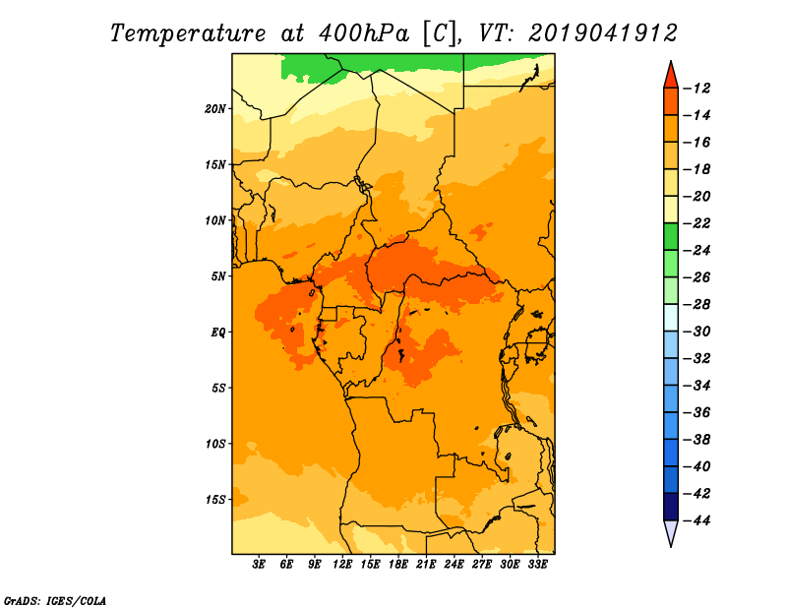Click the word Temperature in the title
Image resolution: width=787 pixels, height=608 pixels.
pyautogui.click(x=188, y=33)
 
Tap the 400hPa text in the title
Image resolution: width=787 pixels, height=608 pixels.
pyautogui.click(x=364, y=33)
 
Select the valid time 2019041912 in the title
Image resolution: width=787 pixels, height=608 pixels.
pyautogui.click(x=603, y=33)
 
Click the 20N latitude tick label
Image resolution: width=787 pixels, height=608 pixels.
pyautogui.click(x=215, y=109)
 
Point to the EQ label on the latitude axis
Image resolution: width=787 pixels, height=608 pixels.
pyautogui.click(x=217, y=333)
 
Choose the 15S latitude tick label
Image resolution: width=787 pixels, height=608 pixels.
pyautogui.click(x=215, y=500)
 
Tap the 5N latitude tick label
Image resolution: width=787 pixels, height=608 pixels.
pyautogui.click(x=218, y=276)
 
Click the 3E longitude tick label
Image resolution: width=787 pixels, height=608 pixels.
pyautogui.click(x=259, y=565)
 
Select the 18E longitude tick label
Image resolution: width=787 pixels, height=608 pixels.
pyautogui.click(x=398, y=565)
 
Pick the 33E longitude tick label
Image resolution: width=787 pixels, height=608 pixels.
pyautogui.click(x=537, y=565)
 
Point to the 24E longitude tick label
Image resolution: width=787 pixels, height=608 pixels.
pyautogui.click(x=454, y=565)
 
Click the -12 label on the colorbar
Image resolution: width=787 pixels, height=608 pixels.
pyautogui.click(x=697, y=89)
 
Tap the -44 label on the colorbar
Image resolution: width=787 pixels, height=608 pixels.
pyautogui.click(x=697, y=520)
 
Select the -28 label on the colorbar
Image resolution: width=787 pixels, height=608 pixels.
pyautogui.click(x=697, y=305)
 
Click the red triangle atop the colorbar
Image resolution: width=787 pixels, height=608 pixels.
pyautogui.click(x=671, y=76)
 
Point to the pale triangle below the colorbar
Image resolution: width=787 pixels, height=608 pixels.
pyautogui.click(x=671, y=532)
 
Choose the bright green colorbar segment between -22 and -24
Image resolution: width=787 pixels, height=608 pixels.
pyautogui.click(x=671, y=237)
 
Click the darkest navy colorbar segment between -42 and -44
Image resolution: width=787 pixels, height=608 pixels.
pyautogui.click(x=671, y=507)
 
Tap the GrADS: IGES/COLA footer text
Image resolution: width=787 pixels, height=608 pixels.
pyautogui.click(x=55, y=601)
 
